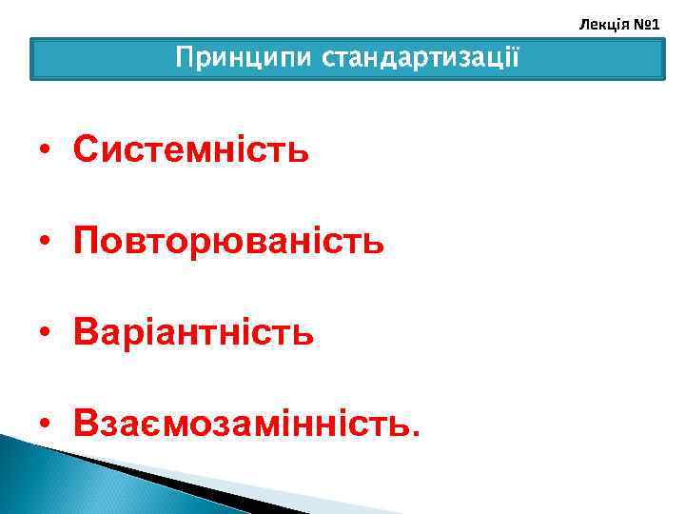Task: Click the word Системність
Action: (x=191, y=149)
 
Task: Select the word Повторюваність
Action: (x=229, y=242)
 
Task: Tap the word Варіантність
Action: (x=194, y=333)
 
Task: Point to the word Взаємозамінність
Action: (x=245, y=424)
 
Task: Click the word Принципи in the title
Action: (x=245, y=59)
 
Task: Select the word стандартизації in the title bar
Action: (x=421, y=59)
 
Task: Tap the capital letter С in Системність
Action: (x=85, y=149)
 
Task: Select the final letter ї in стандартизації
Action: (x=516, y=59)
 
